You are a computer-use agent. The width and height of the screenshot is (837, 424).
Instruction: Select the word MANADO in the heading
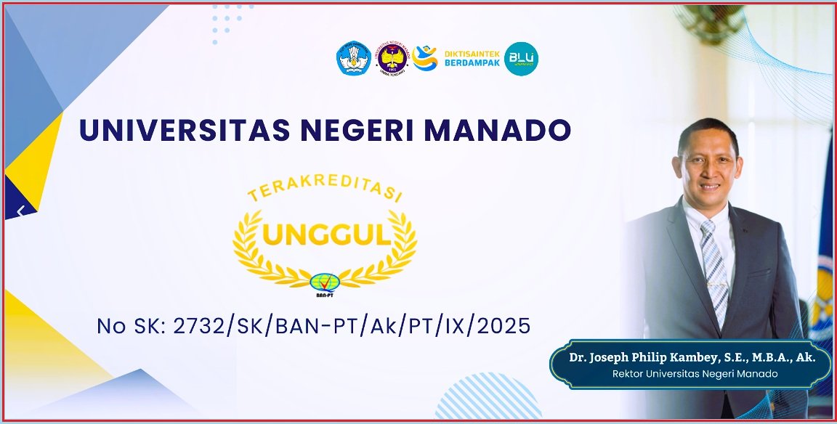coord(501,130)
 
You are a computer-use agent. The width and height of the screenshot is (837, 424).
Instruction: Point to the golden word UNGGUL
coord(325,234)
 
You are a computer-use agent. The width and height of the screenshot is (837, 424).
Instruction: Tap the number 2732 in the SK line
coord(195,326)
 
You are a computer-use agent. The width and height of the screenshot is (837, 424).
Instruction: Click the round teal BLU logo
coord(521,59)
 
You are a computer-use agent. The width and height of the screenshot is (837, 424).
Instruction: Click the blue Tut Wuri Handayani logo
coord(354,59)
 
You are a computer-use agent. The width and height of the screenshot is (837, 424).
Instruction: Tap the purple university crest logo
coord(393,59)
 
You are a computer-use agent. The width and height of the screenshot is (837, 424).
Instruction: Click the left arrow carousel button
coord(20,211)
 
